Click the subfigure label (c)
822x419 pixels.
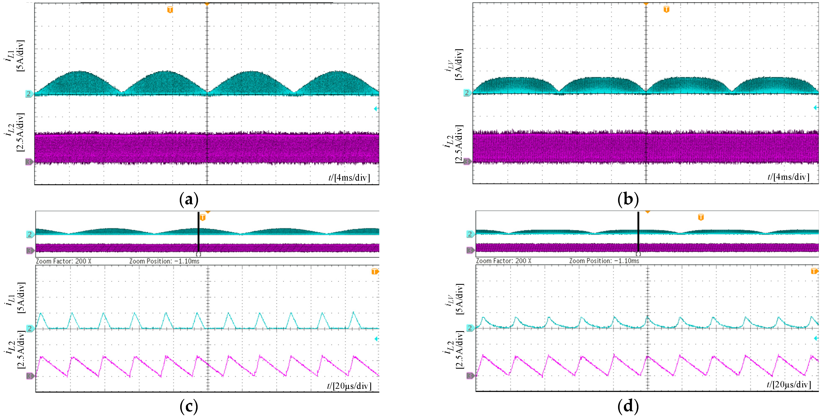[189, 407]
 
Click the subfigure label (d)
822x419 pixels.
[628, 407]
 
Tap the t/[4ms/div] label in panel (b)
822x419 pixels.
[788, 177]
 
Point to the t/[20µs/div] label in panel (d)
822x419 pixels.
[788, 385]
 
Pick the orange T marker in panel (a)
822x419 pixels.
[170, 10]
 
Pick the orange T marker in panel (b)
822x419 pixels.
[666, 9]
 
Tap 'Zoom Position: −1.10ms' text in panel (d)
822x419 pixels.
[604, 261]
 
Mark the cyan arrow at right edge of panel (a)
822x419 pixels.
[376, 109]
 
